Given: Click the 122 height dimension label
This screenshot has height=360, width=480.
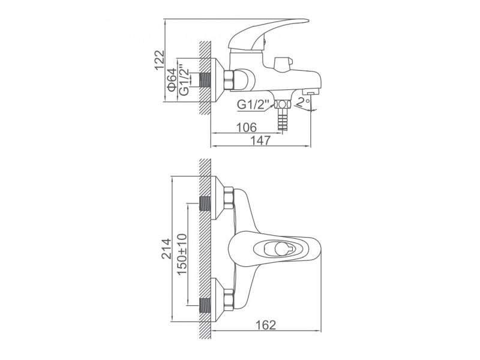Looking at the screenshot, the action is click(159, 60).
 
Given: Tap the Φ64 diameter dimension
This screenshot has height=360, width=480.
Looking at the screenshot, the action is click(172, 80).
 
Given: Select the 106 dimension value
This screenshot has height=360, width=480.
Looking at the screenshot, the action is click(247, 127).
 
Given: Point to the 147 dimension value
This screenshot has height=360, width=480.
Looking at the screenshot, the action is click(261, 140).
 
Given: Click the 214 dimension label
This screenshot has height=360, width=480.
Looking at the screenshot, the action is click(167, 249).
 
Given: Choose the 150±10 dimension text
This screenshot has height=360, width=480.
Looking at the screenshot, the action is click(182, 254).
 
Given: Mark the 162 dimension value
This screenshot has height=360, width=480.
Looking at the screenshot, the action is click(266, 325).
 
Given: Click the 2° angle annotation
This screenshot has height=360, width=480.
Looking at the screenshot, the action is click(304, 102).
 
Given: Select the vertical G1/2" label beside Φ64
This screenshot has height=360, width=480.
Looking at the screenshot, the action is click(184, 80).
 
